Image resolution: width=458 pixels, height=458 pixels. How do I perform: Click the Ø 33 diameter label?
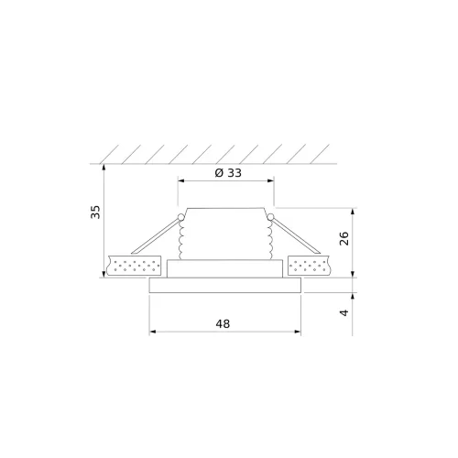click(228, 173)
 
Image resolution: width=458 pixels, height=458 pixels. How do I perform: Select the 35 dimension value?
click(95, 212)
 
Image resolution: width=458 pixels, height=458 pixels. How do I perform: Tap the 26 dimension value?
click(344, 238)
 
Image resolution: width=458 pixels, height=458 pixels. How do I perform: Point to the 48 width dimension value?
click(223, 323)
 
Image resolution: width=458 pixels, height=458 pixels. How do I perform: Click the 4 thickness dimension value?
click(344, 312)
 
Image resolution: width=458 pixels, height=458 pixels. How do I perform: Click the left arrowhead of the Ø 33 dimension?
click(181, 180)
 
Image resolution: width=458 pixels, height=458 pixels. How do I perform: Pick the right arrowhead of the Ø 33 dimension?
click(270, 180)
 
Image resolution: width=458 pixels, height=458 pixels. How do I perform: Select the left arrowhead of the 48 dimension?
click(153, 332)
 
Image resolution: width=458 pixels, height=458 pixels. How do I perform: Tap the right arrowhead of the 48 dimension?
click(298, 332)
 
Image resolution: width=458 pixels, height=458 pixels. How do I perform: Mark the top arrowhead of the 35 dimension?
click(104, 168)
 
